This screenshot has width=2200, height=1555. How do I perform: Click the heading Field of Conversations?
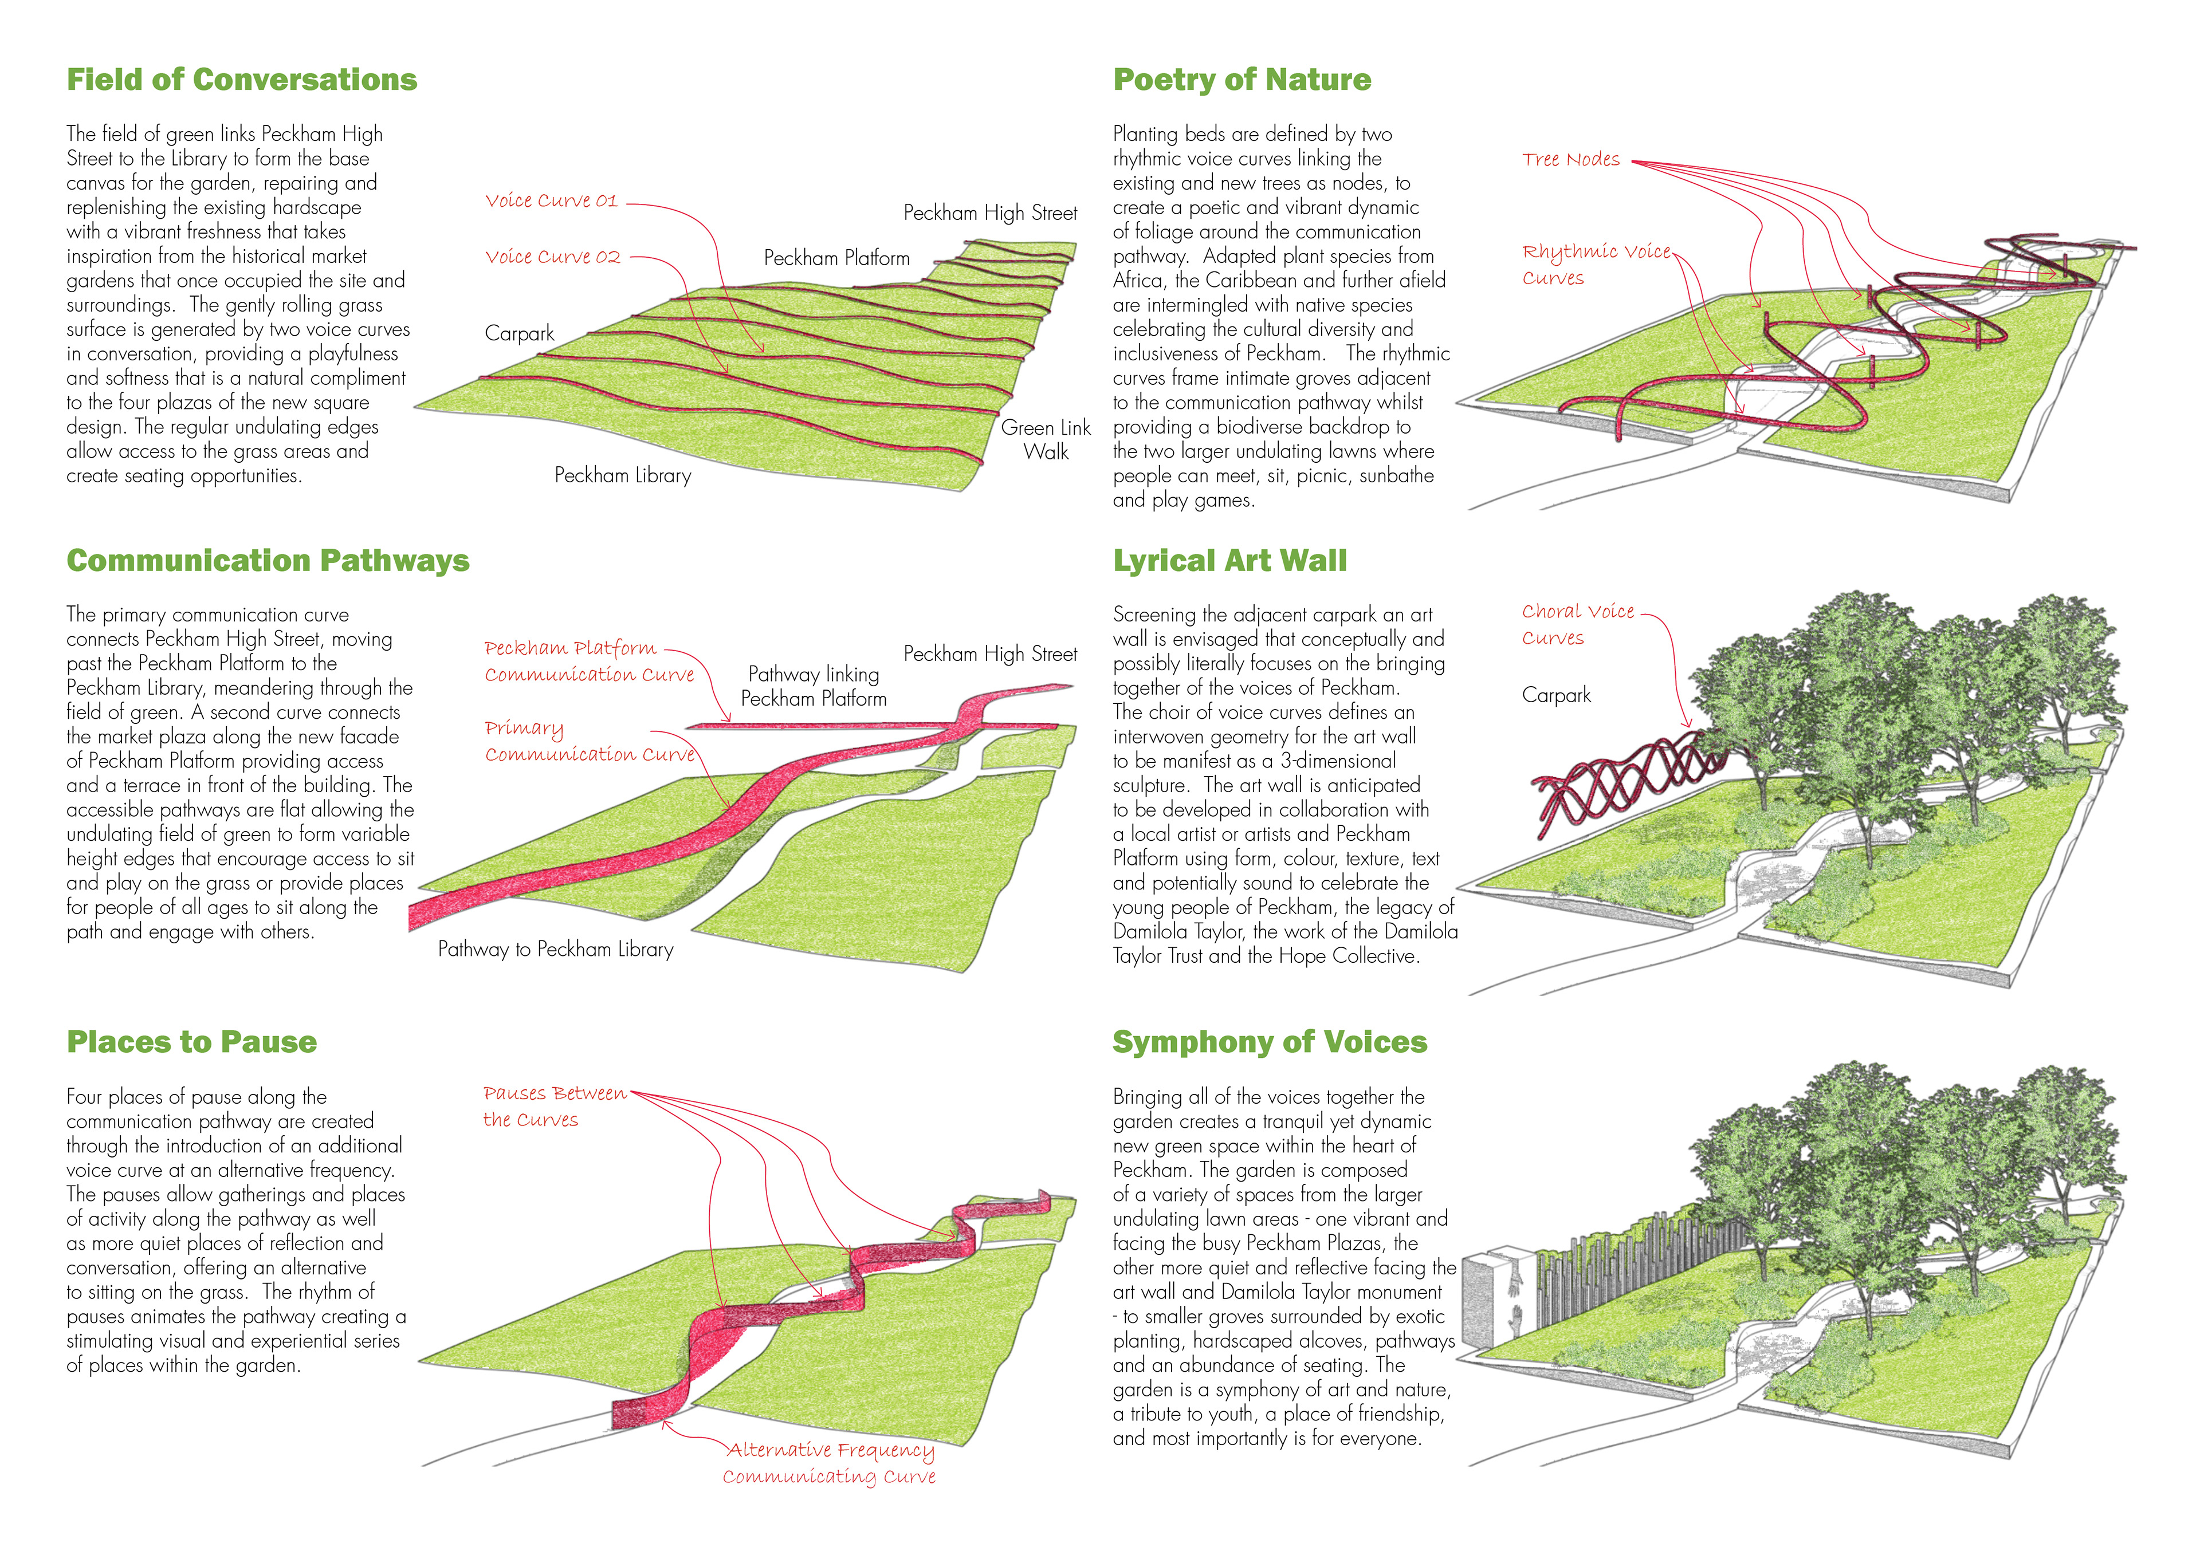[x=241, y=80]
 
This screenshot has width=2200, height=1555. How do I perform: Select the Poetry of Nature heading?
[x=1242, y=80]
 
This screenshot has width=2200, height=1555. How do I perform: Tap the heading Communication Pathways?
[x=268, y=561]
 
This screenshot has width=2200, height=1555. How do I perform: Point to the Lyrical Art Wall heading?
[x=1229, y=561]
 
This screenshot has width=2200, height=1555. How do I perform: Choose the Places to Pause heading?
[x=191, y=1041]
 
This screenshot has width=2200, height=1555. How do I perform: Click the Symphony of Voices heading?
[x=1270, y=1041]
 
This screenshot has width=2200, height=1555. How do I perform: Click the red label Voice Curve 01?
[x=551, y=201]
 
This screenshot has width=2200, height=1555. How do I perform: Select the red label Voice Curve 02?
[x=553, y=257]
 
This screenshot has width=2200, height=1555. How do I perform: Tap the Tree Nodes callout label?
[x=1570, y=160]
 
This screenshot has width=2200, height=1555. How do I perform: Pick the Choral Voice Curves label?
[x=1577, y=624]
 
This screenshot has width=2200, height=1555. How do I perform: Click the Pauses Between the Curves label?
[x=554, y=1105]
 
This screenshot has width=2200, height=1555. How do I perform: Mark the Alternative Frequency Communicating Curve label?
[x=830, y=1463]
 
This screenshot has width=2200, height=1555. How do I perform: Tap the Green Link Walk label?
[x=1046, y=440]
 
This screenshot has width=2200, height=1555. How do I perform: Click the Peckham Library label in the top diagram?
[x=623, y=475]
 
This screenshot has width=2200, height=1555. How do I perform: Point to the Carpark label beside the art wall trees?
[x=1556, y=695]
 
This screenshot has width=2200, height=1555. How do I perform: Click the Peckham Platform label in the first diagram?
[x=836, y=258]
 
